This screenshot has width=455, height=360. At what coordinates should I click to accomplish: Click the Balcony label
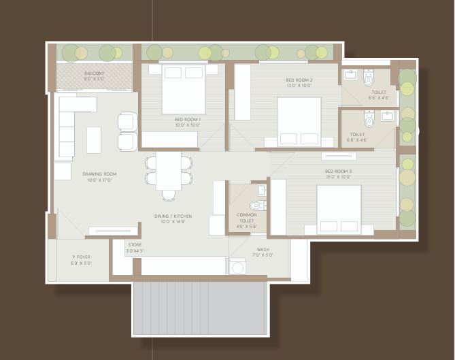pyautogui.click(x=95, y=75)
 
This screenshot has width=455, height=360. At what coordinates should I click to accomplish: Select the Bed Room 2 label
pyautogui.click(x=299, y=82)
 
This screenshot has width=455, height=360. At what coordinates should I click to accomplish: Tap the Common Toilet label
pyautogui.click(x=246, y=218)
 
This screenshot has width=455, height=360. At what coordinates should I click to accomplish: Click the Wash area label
pyautogui.click(x=263, y=252)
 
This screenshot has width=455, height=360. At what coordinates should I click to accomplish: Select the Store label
pyautogui.click(x=135, y=247)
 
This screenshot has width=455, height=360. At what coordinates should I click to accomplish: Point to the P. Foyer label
pyautogui.click(x=82, y=259)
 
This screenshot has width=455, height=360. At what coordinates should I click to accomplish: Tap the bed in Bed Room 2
pyautogui.click(x=299, y=121)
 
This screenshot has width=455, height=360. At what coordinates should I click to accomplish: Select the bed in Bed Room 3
pyautogui.click(x=338, y=209)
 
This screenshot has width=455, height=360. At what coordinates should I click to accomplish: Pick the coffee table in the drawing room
pyautogui.click(x=93, y=140)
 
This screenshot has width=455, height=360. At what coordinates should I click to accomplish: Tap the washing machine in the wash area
pyautogui.click(x=238, y=267)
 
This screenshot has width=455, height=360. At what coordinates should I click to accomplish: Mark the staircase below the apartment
pyautogui.click(x=199, y=308)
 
